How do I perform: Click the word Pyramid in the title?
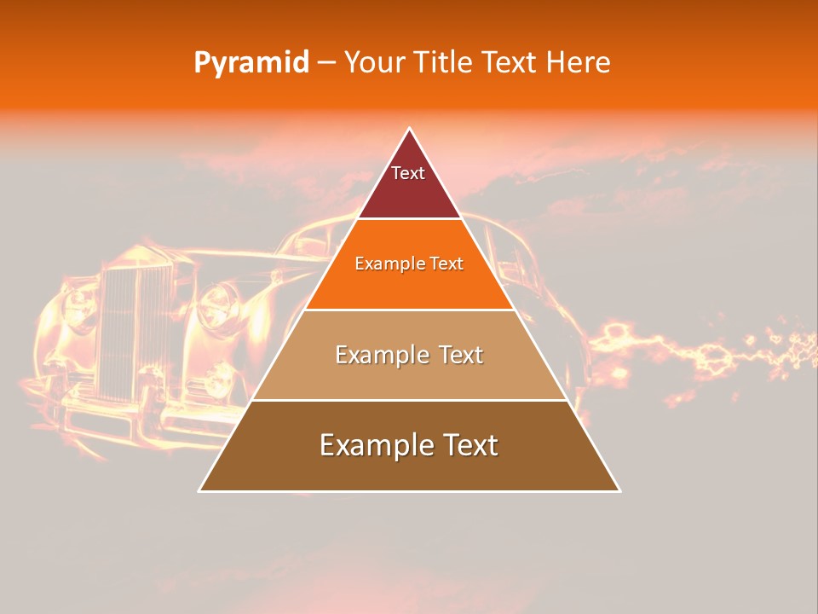click(x=251, y=63)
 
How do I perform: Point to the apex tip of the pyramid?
click(x=409, y=130)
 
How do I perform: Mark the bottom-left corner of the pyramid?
click(x=200, y=490)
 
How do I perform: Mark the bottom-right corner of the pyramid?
click(x=619, y=490)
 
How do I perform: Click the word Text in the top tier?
click(x=408, y=173)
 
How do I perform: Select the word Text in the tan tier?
click(x=453, y=355)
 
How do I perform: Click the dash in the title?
click(x=326, y=63)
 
